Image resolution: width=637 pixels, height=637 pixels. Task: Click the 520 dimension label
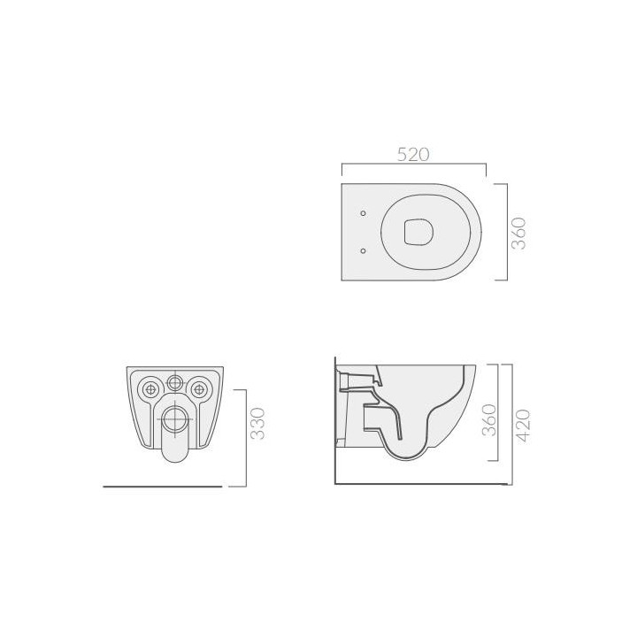point(413,155)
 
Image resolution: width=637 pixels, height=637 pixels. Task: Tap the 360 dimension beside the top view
point(519,234)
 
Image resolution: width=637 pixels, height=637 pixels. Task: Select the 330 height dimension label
point(257,424)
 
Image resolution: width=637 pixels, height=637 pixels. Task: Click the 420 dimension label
point(523,426)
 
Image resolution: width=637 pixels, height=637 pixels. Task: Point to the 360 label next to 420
point(489,420)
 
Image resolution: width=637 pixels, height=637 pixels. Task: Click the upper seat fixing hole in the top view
point(364,213)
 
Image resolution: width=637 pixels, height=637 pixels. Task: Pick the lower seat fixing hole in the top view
point(364,250)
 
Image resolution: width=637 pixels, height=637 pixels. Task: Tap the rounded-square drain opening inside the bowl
point(418,232)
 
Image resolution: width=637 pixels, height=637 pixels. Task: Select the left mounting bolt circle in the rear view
point(150,388)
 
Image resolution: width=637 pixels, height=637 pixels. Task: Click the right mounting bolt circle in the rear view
point(199,388)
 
